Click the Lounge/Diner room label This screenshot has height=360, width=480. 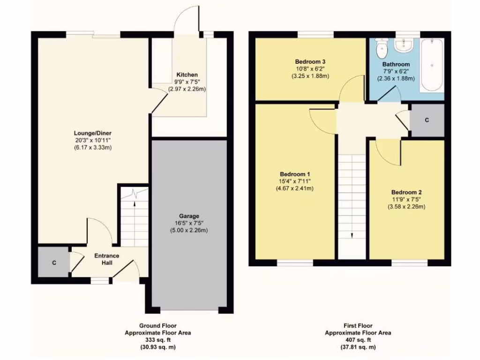pyautogui.click(x=92, y=133)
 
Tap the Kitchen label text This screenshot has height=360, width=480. pyautogui.click(x=187, y=75)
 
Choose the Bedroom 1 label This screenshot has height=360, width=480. pyautogui.click(x=294, y=173)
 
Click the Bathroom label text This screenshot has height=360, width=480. pyautogui.click(x=396, y=64)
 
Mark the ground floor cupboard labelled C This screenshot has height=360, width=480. pyautogui.click(x=54, y=262)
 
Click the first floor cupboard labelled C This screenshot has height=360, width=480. pyautogui.click(x=427, y=120)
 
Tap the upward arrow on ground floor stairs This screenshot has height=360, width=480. pyautogui.click(x=135, y=202)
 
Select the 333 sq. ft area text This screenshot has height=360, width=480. pyautogui.click(x=157, y=340)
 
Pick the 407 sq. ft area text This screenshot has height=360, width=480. pyautogui.click(x=358, y=340)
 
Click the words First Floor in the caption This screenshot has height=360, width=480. pyautogui.click(x=358, y=326)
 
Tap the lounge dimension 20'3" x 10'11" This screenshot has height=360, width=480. pyautogui.click(x=92, y=140)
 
